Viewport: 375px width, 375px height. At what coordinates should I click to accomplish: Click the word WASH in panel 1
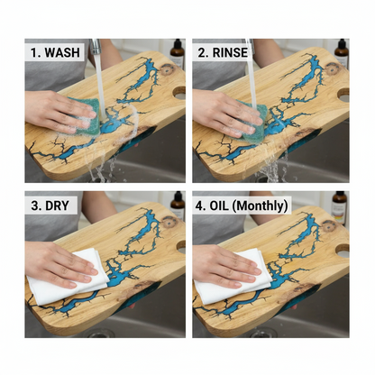coord(62,52)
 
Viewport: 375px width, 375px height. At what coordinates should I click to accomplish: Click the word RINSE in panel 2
coord(231,52)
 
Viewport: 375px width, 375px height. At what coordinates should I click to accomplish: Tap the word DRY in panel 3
coord(58,206)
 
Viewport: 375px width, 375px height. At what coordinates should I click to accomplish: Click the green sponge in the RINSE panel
coord(253,122)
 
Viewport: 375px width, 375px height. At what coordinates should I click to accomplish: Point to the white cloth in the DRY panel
coord(70,274)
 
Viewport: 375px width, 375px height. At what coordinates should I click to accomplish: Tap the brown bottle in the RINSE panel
coord(342,51)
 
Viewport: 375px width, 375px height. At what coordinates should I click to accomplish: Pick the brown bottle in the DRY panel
coord(178,205)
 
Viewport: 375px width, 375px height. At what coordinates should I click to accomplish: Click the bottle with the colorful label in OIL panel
coord(340,208)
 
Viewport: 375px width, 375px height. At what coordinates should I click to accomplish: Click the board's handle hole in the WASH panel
coord(179,93)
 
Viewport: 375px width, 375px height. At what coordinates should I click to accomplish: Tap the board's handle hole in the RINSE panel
coord(343,95)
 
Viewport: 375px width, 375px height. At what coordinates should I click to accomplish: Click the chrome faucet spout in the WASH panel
coord(96,46)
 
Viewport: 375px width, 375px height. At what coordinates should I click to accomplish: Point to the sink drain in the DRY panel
coord(98,333)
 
